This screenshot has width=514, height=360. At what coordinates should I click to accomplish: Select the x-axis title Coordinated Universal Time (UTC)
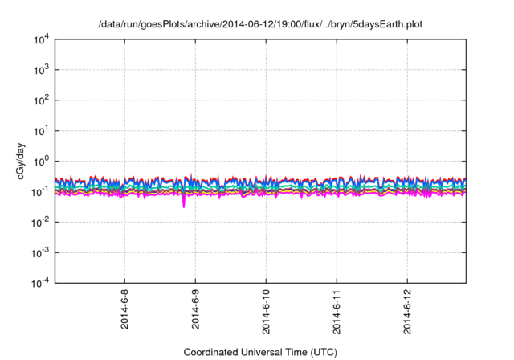(260, 353)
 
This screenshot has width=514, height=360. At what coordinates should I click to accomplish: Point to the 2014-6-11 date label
(337, 313)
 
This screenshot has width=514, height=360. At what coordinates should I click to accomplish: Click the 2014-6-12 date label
(408, 313)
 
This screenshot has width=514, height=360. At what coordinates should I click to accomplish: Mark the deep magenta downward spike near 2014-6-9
(184, 205)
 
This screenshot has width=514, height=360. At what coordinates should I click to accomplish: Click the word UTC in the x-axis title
(321, 353)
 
